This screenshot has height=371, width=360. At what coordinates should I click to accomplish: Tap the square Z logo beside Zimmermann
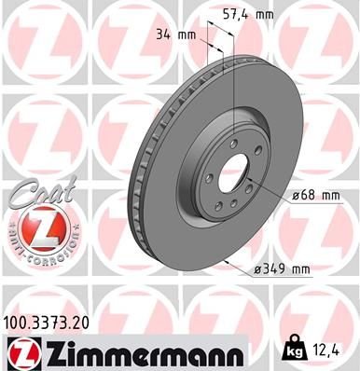[18, 351]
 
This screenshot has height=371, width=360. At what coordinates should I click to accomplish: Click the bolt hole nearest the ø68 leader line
[254, 191]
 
